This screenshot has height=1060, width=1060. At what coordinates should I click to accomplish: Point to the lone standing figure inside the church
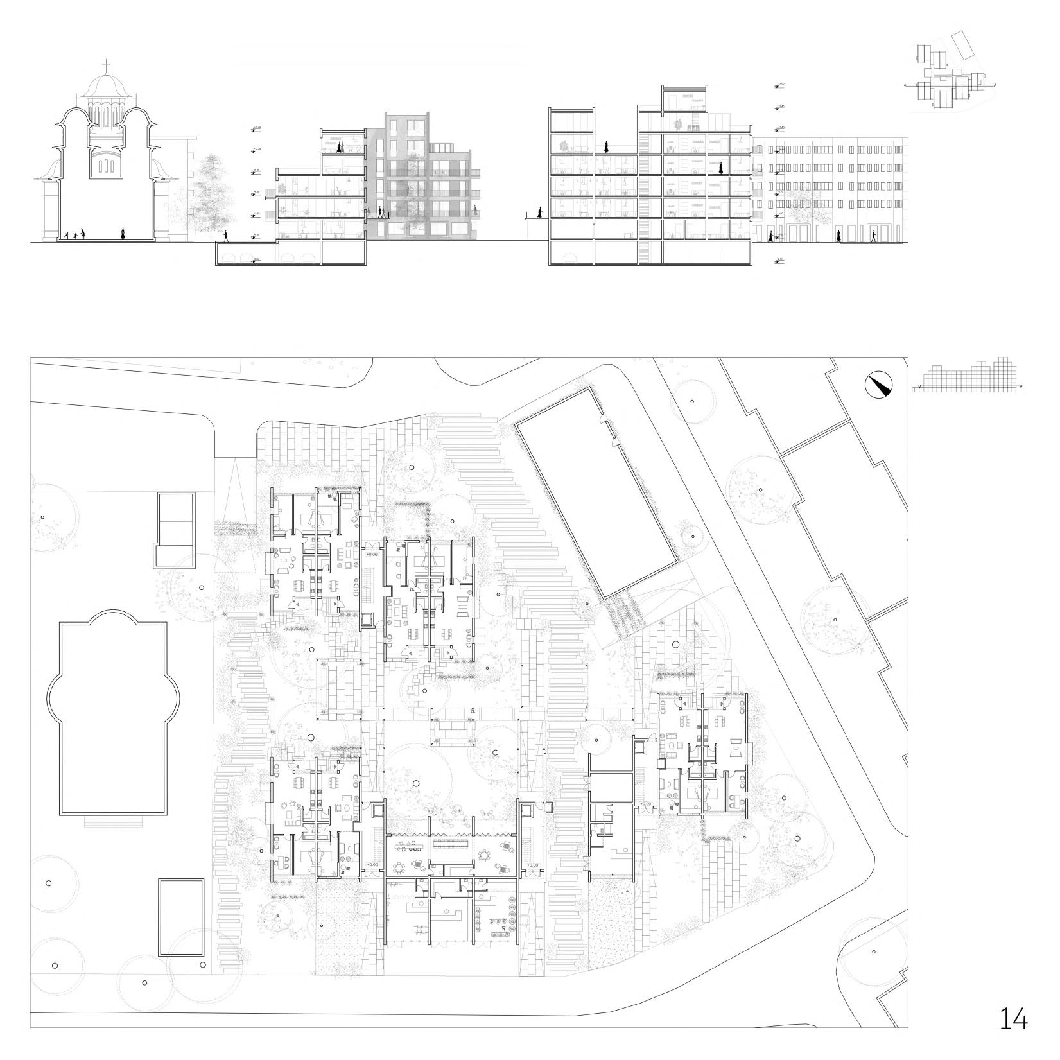(123, 232)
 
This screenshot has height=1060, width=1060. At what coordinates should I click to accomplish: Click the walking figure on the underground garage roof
(225, 236)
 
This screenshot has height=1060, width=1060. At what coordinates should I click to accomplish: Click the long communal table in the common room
(453, 841)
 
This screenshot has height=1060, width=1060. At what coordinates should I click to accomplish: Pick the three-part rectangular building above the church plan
(175, 530)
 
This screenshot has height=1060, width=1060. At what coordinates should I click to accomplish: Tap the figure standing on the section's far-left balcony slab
(541, 213)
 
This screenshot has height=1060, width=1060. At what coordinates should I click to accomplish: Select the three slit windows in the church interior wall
(106, 167)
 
